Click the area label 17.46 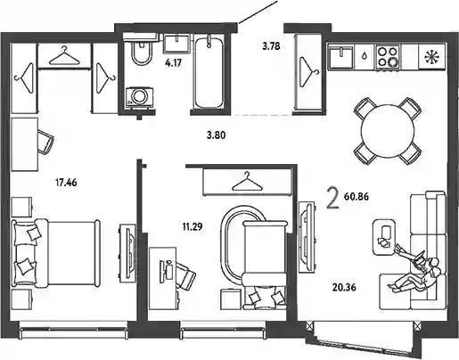point(66,183)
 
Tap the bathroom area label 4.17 point(173,63)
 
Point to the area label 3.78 point(271,46)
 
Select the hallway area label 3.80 point(217,135)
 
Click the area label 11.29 point(193,227)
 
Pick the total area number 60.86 point(357,196)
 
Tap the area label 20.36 point(344,287)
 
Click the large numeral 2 point(332,200)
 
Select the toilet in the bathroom point(141,52)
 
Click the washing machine point(139,97)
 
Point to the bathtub point(208,72)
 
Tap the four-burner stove point(388,56)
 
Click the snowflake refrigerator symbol point(432,57)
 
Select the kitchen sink point(340,56)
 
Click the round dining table point(388,130)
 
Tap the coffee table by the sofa point(385,237)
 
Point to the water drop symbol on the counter point(365,56)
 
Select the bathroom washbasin point(176,44)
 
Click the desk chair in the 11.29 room point(184,276)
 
